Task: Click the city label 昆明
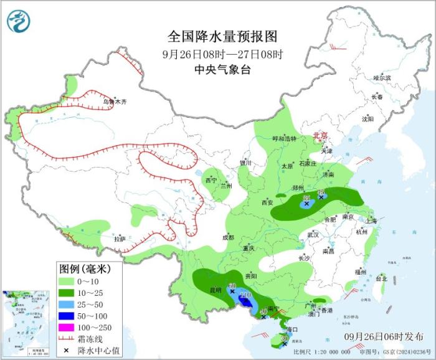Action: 214,291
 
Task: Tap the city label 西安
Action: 267,202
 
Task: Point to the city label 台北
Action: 382,279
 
